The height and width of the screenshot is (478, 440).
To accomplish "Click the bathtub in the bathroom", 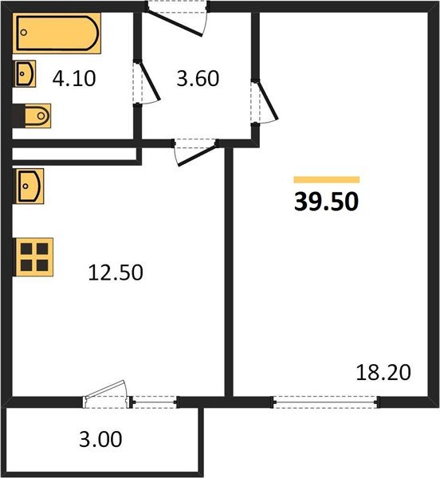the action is [x=57, y=33].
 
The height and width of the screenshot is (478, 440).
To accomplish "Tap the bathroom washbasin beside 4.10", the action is [x=25, y=73].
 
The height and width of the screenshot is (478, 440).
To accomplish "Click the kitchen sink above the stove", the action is [x=29, y=186].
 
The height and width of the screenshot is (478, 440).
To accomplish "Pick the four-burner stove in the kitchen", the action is [x=33, y=257].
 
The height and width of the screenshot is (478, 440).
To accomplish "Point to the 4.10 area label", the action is [x=74, y=78].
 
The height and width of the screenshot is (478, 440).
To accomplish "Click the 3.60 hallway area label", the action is [x=198, y=78].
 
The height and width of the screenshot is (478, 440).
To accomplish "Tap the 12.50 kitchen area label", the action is [x=116, y=272].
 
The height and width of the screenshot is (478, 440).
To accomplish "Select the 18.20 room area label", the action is [x=383, y=372].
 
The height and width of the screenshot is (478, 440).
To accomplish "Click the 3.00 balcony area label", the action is [x=100, y=439].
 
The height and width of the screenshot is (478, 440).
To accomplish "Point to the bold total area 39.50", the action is [x=326, y=202].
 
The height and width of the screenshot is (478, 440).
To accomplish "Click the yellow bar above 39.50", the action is [x=327, y=179].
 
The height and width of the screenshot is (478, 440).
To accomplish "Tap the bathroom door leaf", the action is [x=149, y=80].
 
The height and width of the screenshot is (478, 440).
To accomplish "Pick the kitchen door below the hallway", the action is [x=197, y=155].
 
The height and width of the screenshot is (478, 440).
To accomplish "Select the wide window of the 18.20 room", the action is [x=326, y=402].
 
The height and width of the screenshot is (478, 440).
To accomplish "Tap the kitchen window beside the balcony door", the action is [x=155, y=402].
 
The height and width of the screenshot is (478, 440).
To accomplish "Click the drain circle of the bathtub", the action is [x=24, y=33].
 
